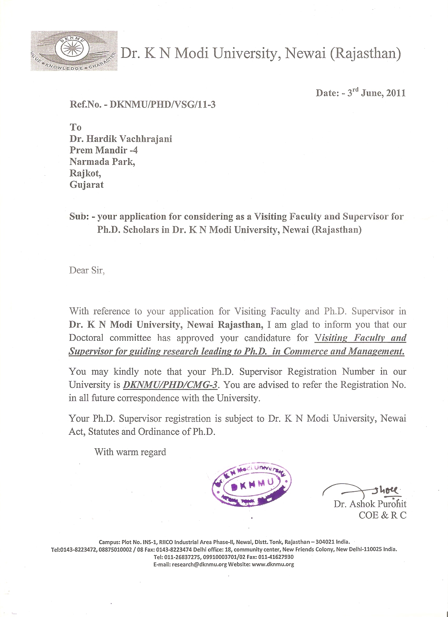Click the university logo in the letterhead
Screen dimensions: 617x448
pyautogui.click(x=74, y=51)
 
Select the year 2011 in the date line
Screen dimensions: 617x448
pyautogui.click(x=396, y=93)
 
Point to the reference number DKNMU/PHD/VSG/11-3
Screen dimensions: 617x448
pyautogui.click(x=162, y=105)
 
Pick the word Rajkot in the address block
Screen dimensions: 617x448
pyautogui.click(x=85, y=173)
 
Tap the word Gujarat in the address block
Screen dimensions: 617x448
pyautogui.click(x=87, y=185)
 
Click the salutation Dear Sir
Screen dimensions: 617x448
pyautogui.click(x=87, y=270)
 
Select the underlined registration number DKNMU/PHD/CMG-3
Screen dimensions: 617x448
pyautogui.click(x=170, y=385)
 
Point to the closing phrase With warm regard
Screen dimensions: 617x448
pyautogui.click(x=130, y=452)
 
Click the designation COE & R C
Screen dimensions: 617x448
pyautogui.click(x=382, y=515)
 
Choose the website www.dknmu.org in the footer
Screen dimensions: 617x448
pyautogui.click(x=273, y=564)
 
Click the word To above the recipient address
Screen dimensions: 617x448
pyautogui.click(x=76, y=127)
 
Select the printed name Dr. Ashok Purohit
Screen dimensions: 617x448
pyautogui.click(x=370, y=504)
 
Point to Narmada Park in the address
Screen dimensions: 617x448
pyautogui.click(x=102, y=162)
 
